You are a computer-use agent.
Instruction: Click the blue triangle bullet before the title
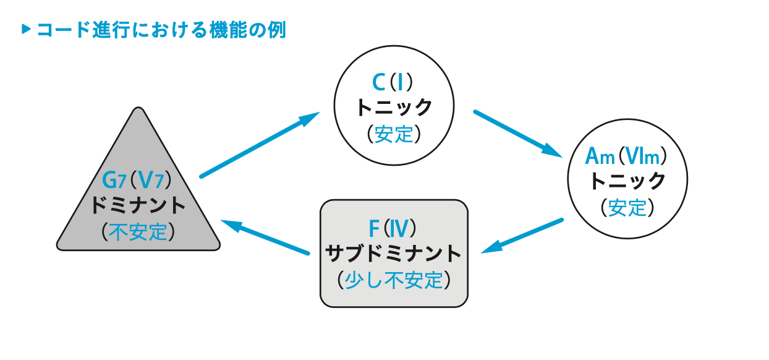pyautogui.click(x=25, y=29)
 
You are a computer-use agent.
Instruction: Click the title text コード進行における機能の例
pyautogui.click(x=161, y=30)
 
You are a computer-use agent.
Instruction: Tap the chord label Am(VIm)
pyautogui.click(x=627, y=155)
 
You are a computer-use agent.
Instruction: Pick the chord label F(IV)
pyautogui.click(x=393, y=229)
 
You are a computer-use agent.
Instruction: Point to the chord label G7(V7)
pyautogui.click(x=137, y=180)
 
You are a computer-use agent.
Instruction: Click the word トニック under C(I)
pyautogui.click(x=394, y=107)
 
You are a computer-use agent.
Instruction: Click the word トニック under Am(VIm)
pyautogui.click(x=627, y=181)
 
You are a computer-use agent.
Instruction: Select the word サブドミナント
pyautogui.click(x=394, y=254)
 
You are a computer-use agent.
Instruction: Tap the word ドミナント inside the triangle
pyautogui.click(x=138, y=205)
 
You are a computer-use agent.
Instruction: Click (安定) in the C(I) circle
pyautogui.click(x=394, y=134)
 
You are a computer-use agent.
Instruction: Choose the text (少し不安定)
pyautogui.click(x=394, y=280)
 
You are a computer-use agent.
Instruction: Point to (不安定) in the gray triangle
pyautogui.click(x=138, y=231)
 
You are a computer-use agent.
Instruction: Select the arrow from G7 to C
pyautogui.click(x=260, y=145)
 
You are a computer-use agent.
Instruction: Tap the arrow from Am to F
pyautogui.click(x=522, y=236)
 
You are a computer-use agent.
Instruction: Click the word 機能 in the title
pyautogui.click(x=227, y=30)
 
